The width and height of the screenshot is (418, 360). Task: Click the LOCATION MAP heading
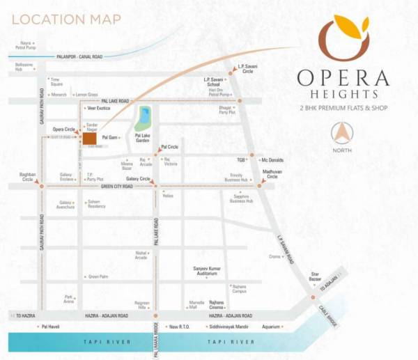pyautogui.click(x=66, y=18)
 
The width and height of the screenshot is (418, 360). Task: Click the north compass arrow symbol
pyautogui.click(x=342, y=132)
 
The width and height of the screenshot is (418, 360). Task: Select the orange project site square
pyautogui.click(x=89, y=138)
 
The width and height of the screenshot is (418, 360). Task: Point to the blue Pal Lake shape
pyautogui.click(x=144, y=116)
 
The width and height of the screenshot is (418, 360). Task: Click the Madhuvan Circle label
pyautogui.click(x=271, y=174)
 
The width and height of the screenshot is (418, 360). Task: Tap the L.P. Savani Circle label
pyautogui.click(x=248, y=69)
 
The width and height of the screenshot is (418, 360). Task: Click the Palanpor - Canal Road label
pyautogui.click(x=79, y=56)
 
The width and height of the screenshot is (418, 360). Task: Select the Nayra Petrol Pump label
pyautogui.click(x=26, y=45)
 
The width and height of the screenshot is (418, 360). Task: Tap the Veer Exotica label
pyautogui.click(x=98, y=109)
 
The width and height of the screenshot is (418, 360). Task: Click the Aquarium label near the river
pyautogui.click(x=270, y=326)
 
